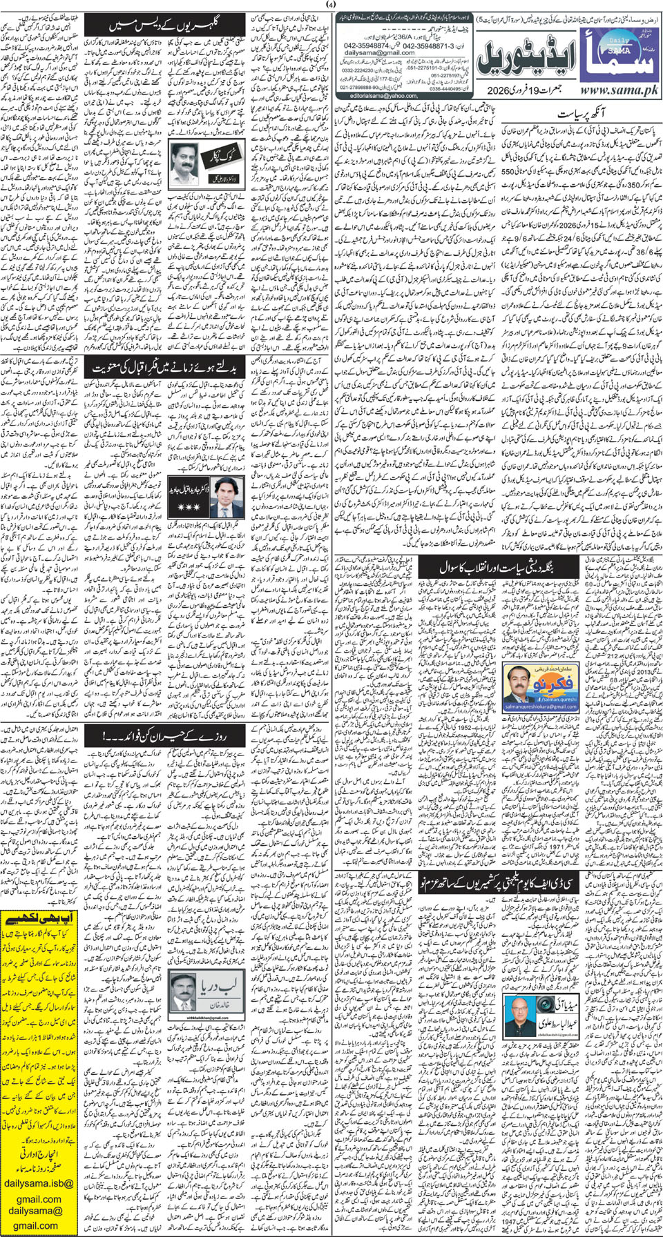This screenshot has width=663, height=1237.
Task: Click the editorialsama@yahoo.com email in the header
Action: pos(383,96)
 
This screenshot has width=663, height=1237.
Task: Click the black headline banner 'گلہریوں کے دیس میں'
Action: pos(166,26)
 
